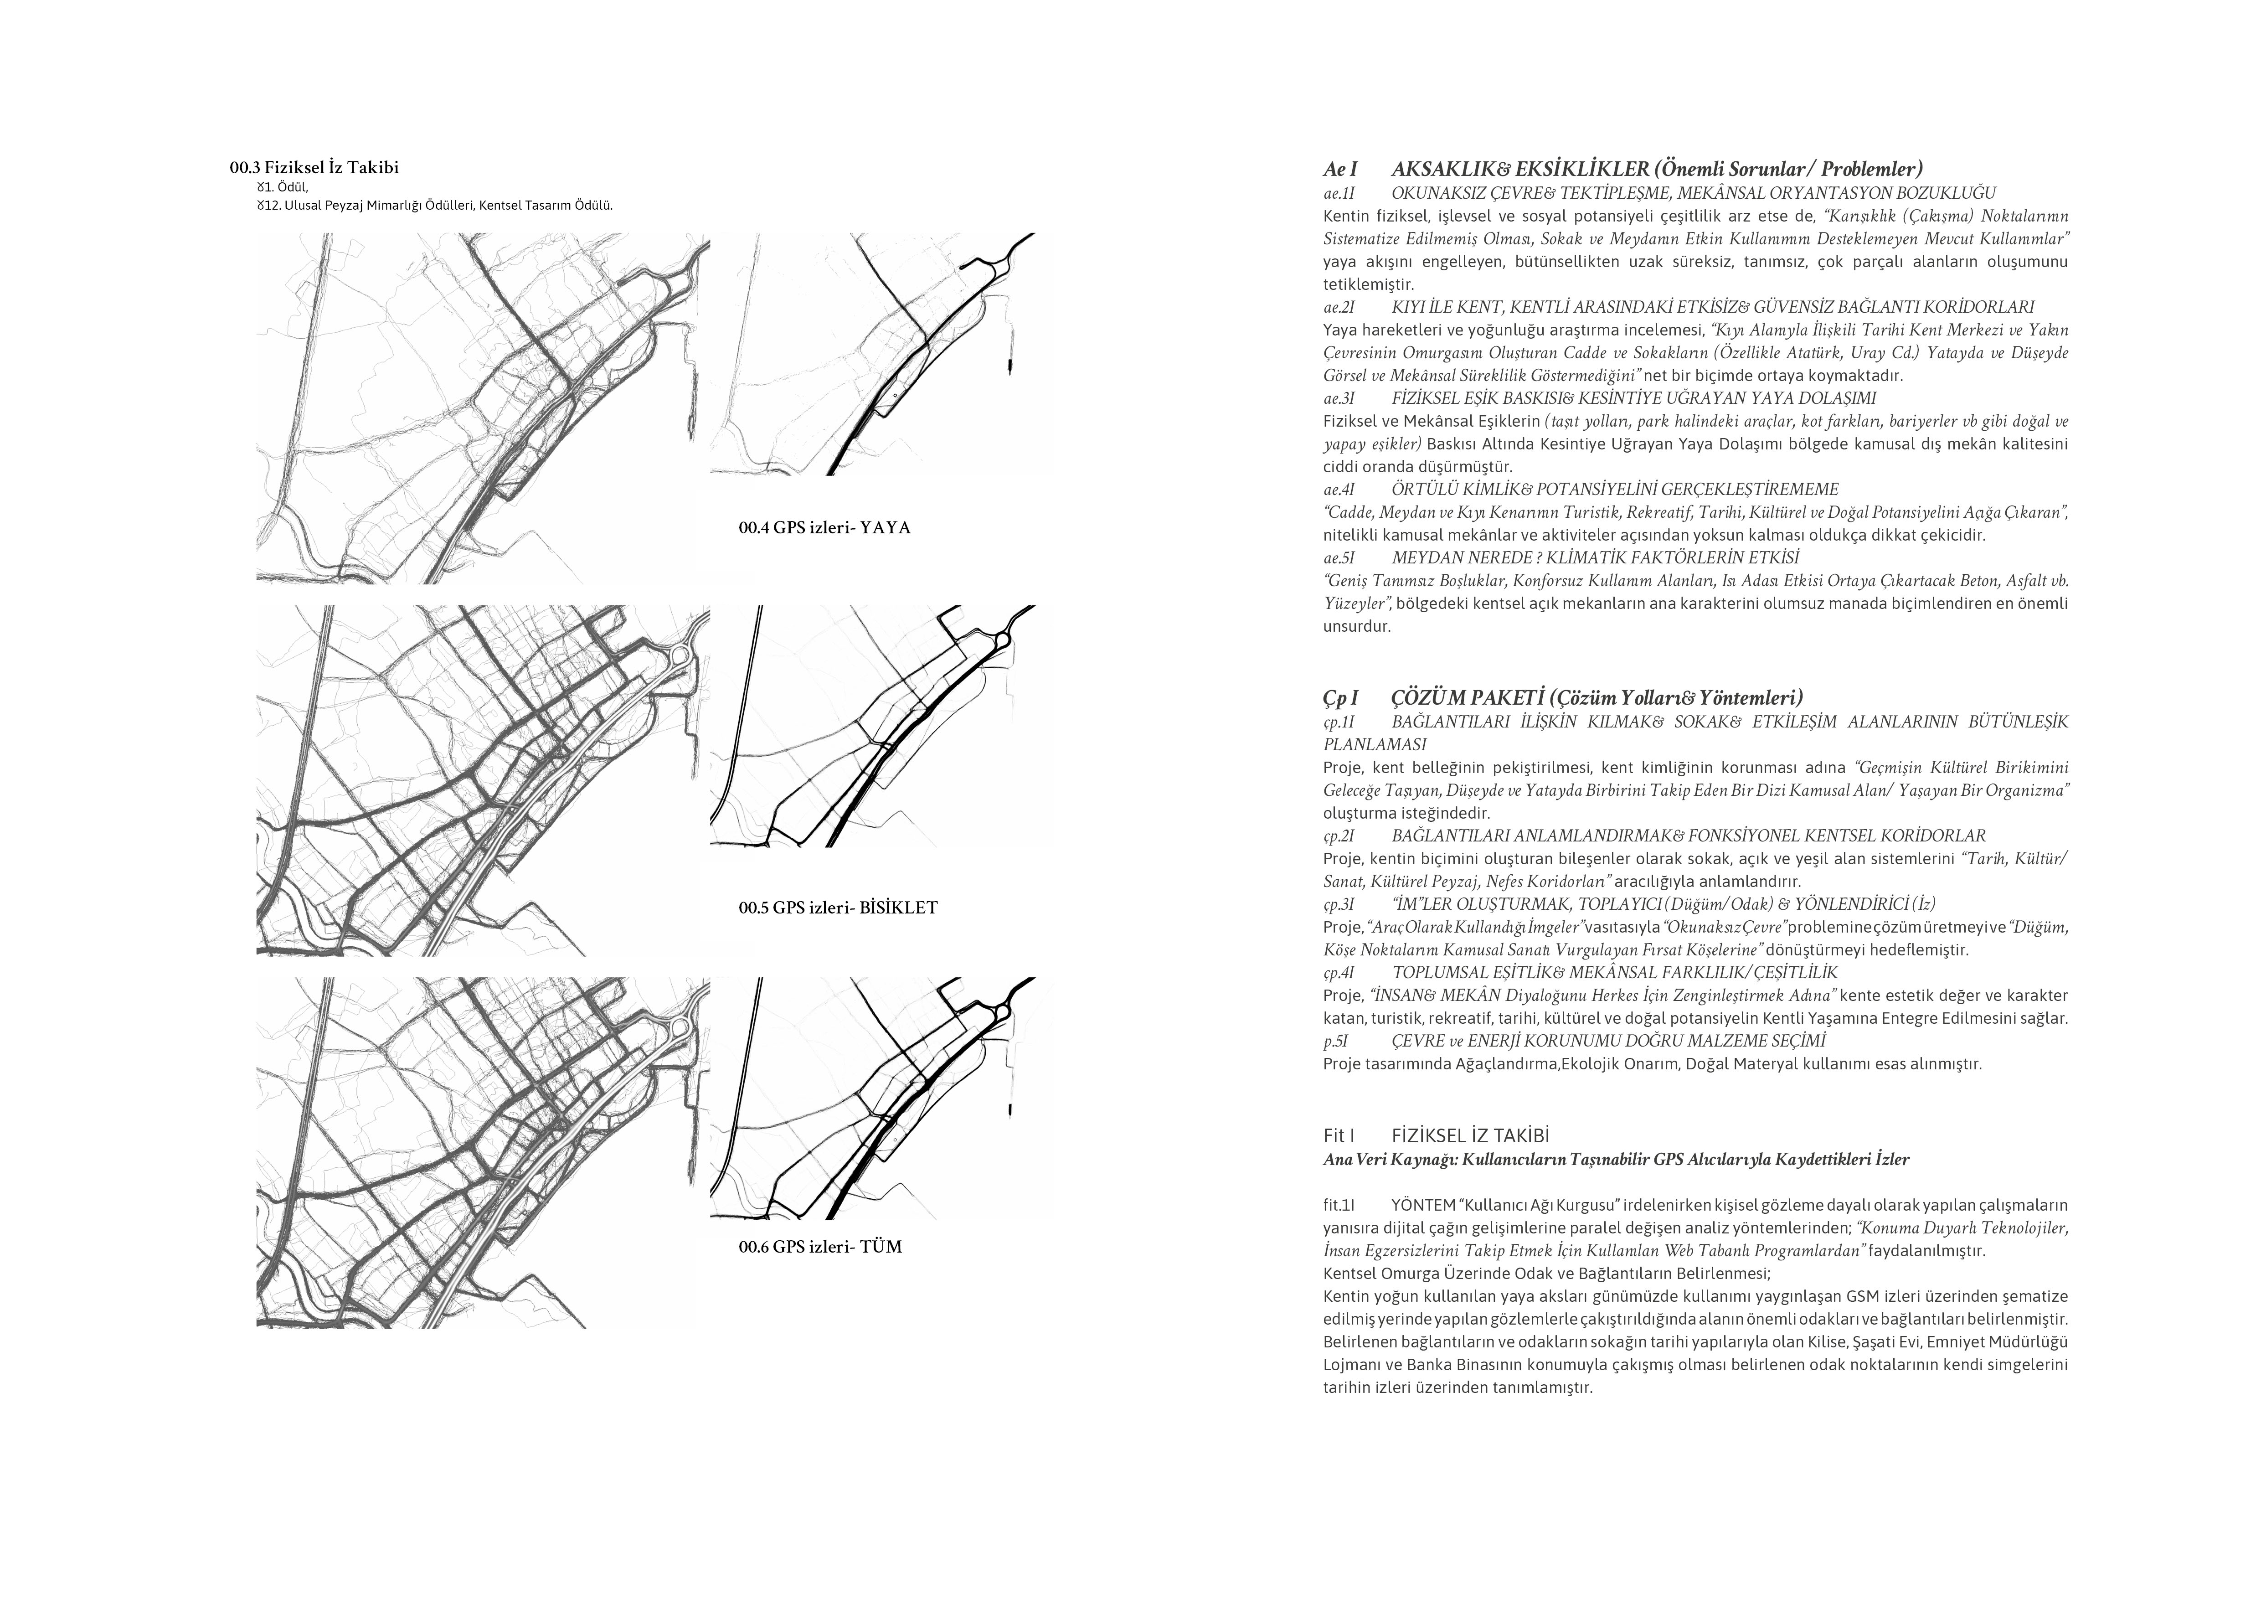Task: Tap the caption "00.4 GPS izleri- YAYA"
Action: coord(824,528)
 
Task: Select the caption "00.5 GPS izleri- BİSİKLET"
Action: coord(838,908)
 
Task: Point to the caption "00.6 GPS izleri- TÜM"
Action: coord(820,1248)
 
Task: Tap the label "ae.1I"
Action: coord(1339,194)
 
